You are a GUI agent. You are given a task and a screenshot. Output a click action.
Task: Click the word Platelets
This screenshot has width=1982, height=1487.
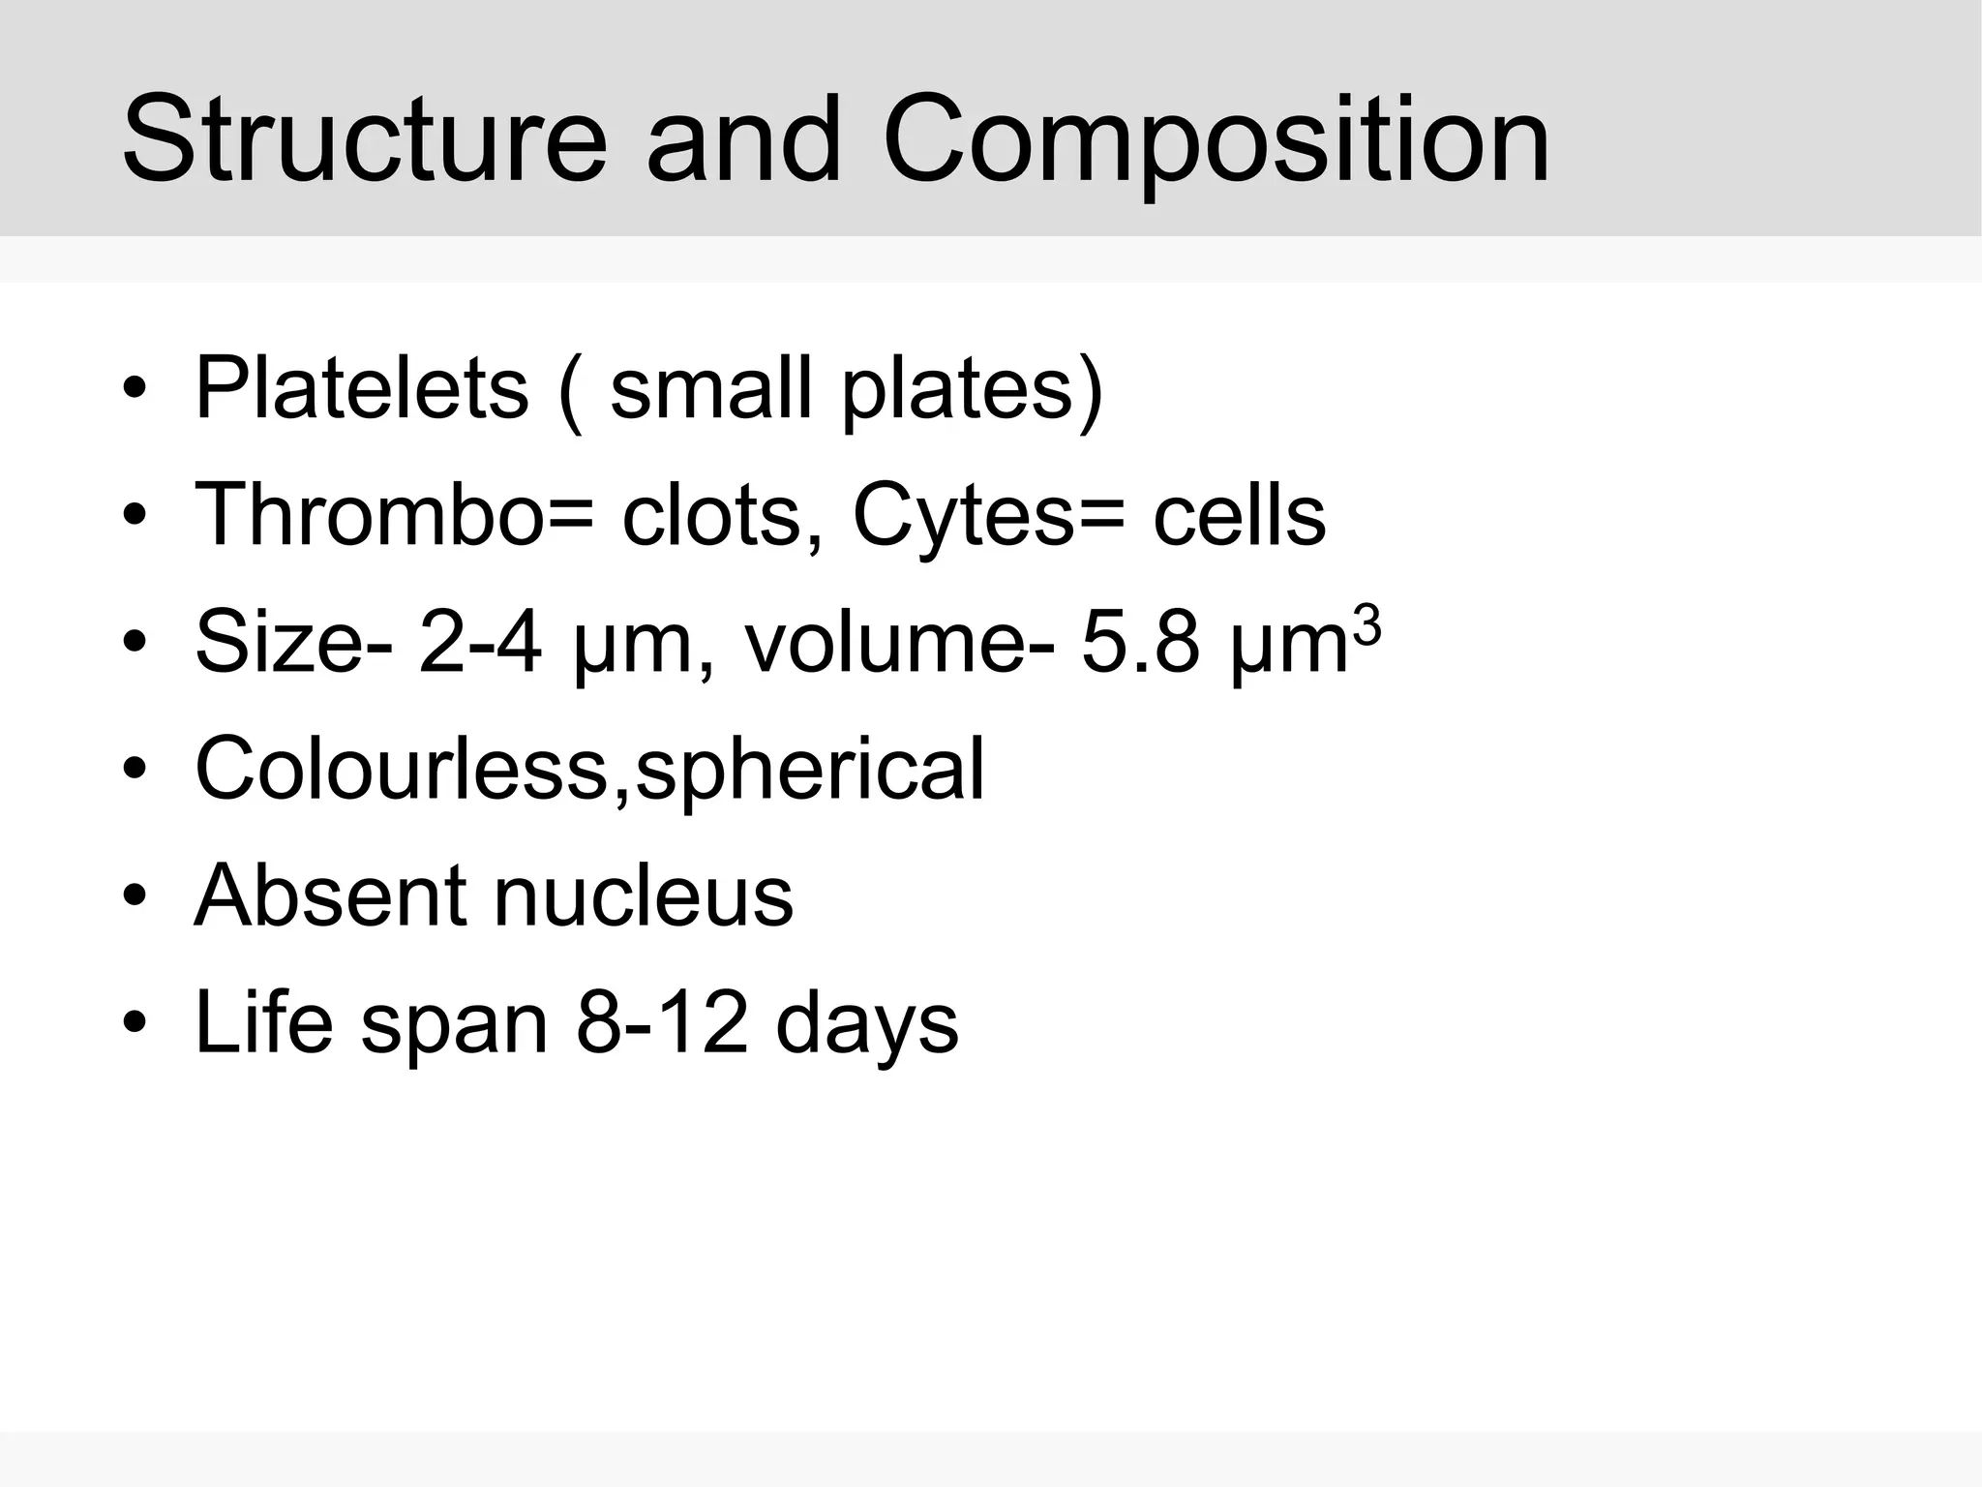click(361, 388)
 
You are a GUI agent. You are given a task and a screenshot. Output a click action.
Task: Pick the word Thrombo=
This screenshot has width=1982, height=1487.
click(394, 515)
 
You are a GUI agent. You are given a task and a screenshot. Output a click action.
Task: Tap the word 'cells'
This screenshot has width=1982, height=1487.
click(1239, 515)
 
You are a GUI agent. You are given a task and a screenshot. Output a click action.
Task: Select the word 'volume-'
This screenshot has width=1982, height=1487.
click(899, 642)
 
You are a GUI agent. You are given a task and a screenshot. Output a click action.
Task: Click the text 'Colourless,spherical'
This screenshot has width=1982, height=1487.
click(589, 769)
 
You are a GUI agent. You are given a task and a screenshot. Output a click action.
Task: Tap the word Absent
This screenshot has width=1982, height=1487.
click(329, 895)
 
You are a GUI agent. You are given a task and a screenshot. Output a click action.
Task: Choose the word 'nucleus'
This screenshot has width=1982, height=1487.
click(644, 895)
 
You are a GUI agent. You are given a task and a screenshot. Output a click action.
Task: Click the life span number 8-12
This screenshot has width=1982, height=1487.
click(662, 1022)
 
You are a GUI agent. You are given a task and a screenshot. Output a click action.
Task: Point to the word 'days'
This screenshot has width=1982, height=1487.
click(866, 1022)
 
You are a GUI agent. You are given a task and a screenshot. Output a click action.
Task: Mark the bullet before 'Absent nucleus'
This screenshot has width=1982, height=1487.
click(135, 895)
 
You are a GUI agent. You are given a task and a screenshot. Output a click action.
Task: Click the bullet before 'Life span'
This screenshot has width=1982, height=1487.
click(135, 1022)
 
